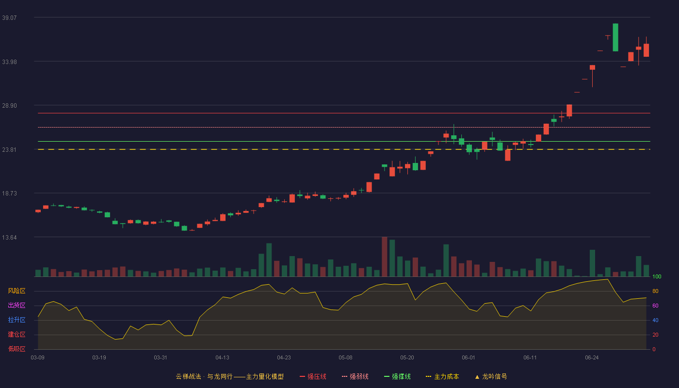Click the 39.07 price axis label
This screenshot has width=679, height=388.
click(x=9, y=18)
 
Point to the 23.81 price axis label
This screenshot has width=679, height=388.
click(x=9, y=150)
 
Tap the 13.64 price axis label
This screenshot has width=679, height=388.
click(x=9, y=238)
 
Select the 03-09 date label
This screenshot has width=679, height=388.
click(x=38, y=358)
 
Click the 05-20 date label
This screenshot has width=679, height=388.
click(x=407, y=358)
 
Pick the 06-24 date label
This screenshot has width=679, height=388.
click(x=592, y=358)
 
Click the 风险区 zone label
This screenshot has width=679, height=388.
click(x=16, y=291)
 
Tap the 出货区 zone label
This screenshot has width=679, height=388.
click(x=16, y=305)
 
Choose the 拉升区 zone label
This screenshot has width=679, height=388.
click(x=16, y=320)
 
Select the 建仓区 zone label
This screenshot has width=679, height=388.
click(x=16, y=334)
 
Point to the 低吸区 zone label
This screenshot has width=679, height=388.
click(x=16, y=349)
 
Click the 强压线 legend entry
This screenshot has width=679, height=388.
click(x=313, y=376)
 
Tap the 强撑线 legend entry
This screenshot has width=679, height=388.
click(x=397, y=376)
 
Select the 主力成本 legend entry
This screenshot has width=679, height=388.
click(x=442, y=376)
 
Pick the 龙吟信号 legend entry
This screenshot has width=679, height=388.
click(x=491, y=376)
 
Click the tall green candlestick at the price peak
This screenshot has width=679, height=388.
click(x=615, y=37)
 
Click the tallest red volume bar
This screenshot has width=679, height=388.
click(x=384, y=257)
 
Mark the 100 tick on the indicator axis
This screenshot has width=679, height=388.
click(x=657, y=276)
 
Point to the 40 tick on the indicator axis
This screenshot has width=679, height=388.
click(x=655, y=320)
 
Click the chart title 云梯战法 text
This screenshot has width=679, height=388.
click(x=189, y=376)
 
